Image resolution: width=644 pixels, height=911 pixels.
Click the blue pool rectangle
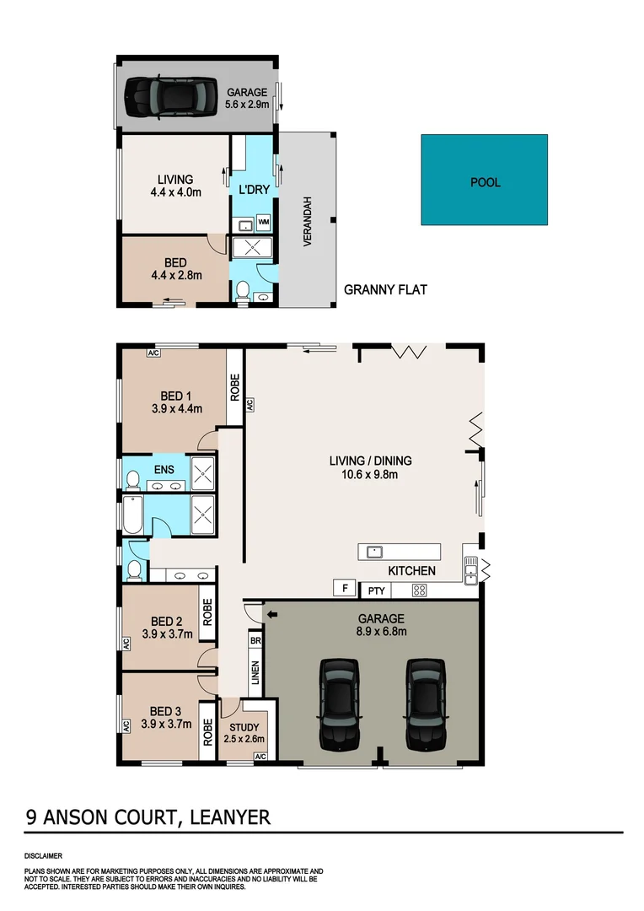tap(484, 180)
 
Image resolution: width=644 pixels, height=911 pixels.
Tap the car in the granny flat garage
tap(166, 97)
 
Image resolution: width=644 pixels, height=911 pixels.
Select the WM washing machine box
tap(263, 222)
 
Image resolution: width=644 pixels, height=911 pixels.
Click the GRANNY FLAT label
tap(385, 290)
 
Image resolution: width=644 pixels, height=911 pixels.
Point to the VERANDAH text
tap(309, 221)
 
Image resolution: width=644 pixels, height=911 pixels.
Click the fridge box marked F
tap(343, 588)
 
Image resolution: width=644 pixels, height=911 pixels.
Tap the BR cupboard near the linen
tap(255, 640)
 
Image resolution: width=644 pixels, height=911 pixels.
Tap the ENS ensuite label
tap(163, 468)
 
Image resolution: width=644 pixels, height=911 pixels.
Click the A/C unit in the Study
tap(260, 757)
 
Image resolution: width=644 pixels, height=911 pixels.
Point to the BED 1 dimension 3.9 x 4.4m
tap(177, 409)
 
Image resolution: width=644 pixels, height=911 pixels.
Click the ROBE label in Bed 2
tap(206, 609)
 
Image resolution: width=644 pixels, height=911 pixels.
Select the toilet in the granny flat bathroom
tap(243, 292)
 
